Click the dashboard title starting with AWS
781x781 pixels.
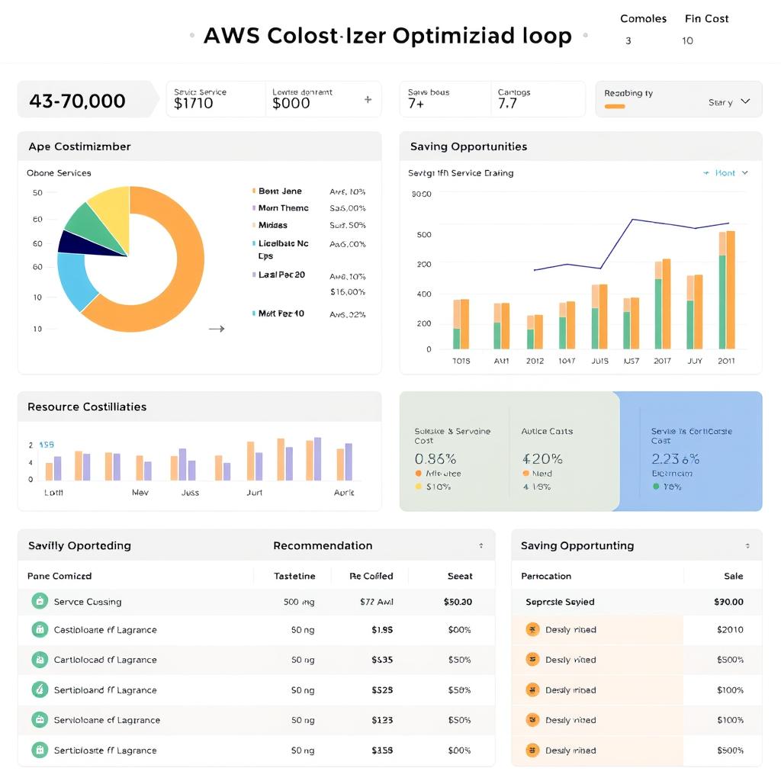pyautogui.click(x=387, y=36)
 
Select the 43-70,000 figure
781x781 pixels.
pyautogui.click(x=77, y=101)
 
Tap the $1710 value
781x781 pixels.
pyautogui.click(x=194, y=104)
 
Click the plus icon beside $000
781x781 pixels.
pyautogui.click(x=368, y=99)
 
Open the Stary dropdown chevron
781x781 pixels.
pyautogui.click(x=745, y=101)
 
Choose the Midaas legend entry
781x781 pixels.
pyautogui.click(x=272, y=225)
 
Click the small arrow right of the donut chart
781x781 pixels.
pyautogui.click(x=217, y=329)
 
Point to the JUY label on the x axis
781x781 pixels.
pyautogui.click(x=694, y=361)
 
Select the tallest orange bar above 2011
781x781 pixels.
pyautogui.click(x=731, y=290)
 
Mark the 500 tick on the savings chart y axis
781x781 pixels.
pyautogui.click(x=424, y=235)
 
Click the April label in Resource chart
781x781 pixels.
pyautogui.click(x=344, y=493)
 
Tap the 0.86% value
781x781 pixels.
pyautogui.click(x=435, y=459)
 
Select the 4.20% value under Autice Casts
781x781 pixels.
pyautogui.click(x=542, y=459)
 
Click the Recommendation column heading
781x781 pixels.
pyautogui.click(x=323, y=545)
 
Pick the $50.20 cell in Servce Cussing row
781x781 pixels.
pyautogui.click(x=457, y=602)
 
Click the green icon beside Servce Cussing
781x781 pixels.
pyautogui.click(x=40, y=601)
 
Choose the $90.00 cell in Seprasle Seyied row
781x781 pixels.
pyautogui.click(x=728, y=602)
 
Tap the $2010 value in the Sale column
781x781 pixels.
pyautogui.click(x=730, y=630)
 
